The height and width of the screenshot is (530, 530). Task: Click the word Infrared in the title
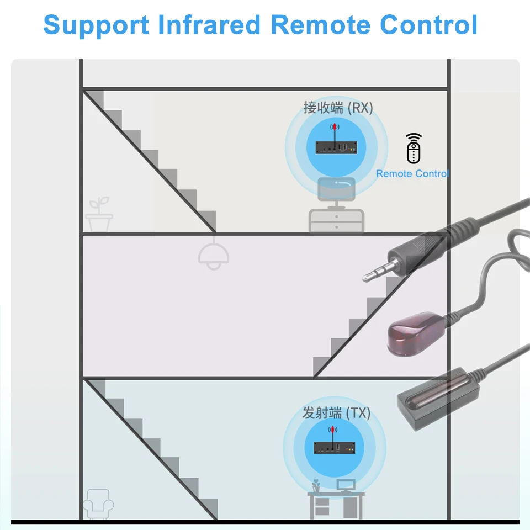(210, 25)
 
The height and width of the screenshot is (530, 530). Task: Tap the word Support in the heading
(96, 25)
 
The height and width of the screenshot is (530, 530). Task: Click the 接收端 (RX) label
(338, 107)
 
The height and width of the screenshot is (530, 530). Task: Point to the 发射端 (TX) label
(336, 412)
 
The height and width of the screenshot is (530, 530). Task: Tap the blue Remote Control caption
(412, 174)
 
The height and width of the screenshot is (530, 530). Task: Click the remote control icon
(414, 149)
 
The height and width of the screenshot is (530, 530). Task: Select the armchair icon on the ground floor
(98, 503)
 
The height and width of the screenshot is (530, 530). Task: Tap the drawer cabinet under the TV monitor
(336, 221)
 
